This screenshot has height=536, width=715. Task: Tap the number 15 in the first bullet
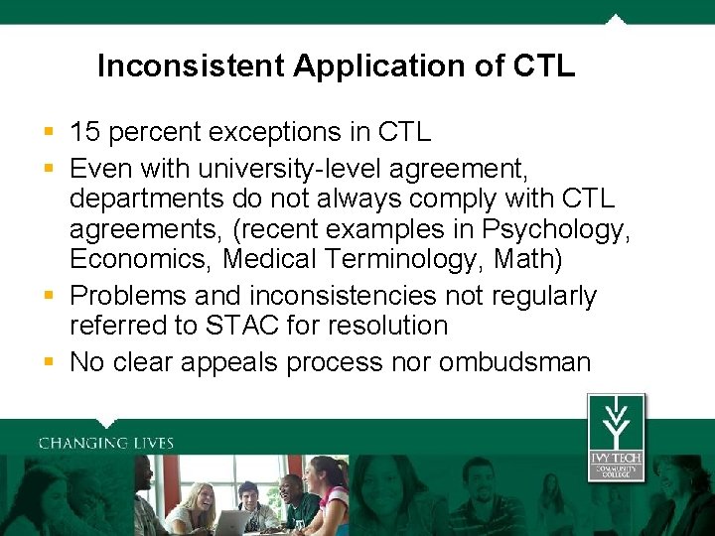pos(86,132)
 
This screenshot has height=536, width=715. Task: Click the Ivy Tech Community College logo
pos(616,437)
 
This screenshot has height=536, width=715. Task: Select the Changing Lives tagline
pos(106,444)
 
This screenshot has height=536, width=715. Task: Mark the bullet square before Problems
pos(49,296)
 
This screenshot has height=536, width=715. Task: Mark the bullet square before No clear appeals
pos(49,361)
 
